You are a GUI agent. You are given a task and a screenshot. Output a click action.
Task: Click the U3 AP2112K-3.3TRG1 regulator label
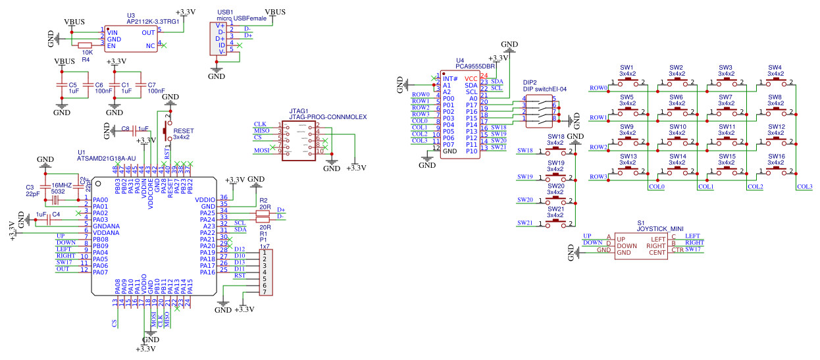(153, 21)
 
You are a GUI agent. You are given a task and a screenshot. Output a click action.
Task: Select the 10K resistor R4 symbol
(86, 46)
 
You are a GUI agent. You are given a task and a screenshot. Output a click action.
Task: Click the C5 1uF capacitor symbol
(63, 85)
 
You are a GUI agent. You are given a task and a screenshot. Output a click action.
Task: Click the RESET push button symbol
(167, 132)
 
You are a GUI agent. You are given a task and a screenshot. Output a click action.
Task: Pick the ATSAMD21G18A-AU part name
(107, 159)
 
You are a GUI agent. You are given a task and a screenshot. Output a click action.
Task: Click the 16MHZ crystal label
(61, 186)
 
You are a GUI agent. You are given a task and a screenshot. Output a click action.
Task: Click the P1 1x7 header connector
(265, 272)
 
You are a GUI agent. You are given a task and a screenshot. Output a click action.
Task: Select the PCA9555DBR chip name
(476, 66)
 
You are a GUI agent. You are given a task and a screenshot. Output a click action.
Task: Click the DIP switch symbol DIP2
(540, 109)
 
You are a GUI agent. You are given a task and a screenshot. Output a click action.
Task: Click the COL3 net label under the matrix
(804, 187)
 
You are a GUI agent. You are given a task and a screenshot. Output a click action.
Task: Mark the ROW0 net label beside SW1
(598, 88)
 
